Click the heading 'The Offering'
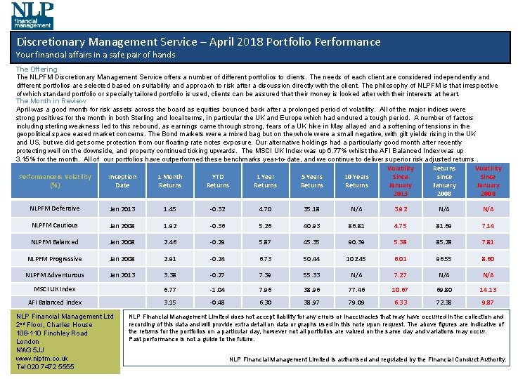point(37,69)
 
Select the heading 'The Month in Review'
point(51,101)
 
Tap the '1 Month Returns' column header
point(169,181)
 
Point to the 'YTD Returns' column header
point(217,181)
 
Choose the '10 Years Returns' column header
point(356,181)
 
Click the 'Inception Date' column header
point(122,181)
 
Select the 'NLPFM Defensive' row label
point(55,208)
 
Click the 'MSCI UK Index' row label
point(55,289)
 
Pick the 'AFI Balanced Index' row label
point(54,302)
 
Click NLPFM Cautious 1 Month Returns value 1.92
point(169,226)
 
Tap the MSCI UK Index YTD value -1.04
point(217,290)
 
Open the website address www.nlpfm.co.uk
point(41,358)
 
